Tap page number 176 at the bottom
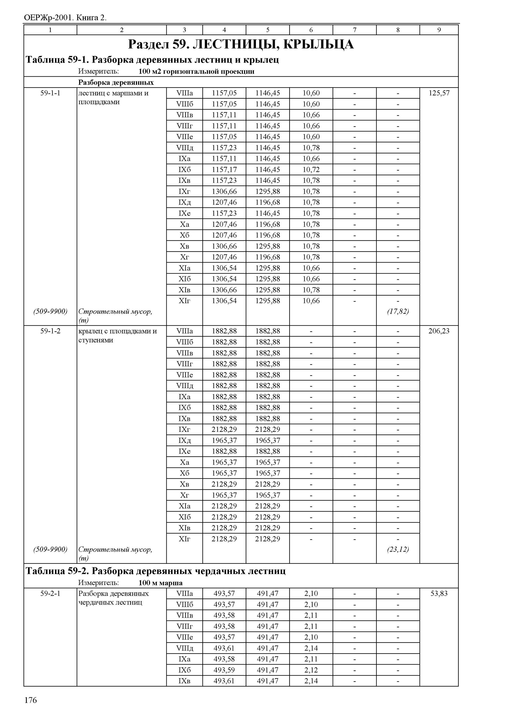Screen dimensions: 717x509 pos(30,700)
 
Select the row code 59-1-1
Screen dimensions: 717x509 pos(50,93)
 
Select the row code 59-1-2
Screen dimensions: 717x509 pos(50,331)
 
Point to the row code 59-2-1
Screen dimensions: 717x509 pos(50,593)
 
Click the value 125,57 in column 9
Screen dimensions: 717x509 pos(439,93)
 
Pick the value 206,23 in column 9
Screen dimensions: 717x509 pos(439,331)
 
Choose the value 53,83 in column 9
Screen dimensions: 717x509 pos(439,593)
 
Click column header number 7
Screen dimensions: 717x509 pos(354,30)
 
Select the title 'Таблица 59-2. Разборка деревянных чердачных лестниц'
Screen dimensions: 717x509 pos(155,571)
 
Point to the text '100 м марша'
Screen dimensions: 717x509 pos(160,583)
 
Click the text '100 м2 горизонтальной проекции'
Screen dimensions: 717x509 pos(196,71)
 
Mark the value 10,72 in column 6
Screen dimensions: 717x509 pos(311,170)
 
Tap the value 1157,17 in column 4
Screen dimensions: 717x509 pos(224,170)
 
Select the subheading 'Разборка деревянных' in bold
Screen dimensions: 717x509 pos(116,82)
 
